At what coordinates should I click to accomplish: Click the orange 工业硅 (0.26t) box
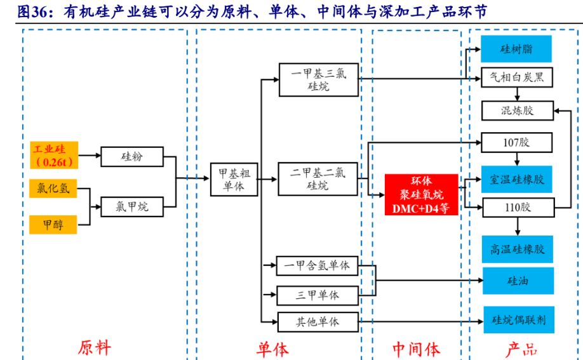(x=53, y=156)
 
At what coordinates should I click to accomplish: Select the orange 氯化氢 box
(x=53, y=189)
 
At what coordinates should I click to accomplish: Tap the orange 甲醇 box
(x=53, y=224)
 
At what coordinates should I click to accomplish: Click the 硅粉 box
(x=132, y=156)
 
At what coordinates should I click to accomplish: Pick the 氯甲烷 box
(x=132, y=206)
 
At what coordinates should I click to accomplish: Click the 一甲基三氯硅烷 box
(x=319, y=79)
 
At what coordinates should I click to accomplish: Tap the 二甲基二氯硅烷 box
(x=319, y=179)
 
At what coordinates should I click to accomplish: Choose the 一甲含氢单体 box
(x=317, y=265)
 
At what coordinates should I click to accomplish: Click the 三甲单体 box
(x=317, y=295)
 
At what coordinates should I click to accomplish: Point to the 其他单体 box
(x=317, y=321)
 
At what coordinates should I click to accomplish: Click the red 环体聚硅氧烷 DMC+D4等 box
(x=421, y=194)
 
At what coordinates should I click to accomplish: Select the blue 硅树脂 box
(x=516, y=49)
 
